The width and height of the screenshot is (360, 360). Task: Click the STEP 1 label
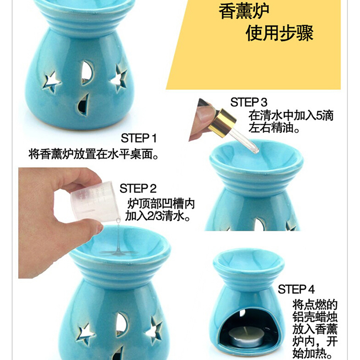point(139,138)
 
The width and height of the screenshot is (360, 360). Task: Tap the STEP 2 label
point(138,189)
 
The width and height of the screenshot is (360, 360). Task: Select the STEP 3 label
point(249,102)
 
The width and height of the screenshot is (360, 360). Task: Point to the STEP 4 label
point(296,289)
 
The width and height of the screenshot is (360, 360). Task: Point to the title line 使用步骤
point(279,33)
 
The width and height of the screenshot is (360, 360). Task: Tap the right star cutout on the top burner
point(119,78)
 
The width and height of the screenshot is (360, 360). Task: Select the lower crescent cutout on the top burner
point(83,105)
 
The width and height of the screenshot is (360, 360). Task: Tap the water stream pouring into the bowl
point(118,237)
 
